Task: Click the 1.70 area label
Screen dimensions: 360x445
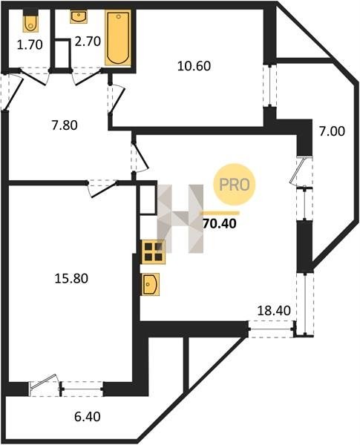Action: coord(30,44)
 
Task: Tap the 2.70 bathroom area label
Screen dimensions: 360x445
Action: coord(88,42)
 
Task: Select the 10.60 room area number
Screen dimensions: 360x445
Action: coord(194,66)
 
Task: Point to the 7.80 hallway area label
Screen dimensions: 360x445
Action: coord(65,125)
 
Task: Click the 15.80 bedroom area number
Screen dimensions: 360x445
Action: coord(71,278)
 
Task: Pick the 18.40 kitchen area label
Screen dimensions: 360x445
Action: coord(274,311)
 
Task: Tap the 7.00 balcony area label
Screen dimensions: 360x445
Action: coord(332,131)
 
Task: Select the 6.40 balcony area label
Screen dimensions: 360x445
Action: coord(88,417)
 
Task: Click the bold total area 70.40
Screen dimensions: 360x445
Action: coord(220,224)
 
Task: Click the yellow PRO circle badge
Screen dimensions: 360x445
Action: coord(235,185)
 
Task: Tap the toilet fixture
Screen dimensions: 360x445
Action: coord(30,21)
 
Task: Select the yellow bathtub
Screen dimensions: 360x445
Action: coord(118,38)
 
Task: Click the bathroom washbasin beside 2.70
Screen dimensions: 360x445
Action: coord(79,16)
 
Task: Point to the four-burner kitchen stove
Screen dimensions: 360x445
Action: coord(154,252)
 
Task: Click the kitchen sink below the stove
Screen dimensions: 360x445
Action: coord(150,284)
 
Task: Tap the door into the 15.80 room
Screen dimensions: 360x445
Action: coord(102,188)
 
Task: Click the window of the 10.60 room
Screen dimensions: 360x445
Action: coord(269,86)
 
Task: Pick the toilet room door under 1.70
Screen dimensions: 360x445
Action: coord(33,76)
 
